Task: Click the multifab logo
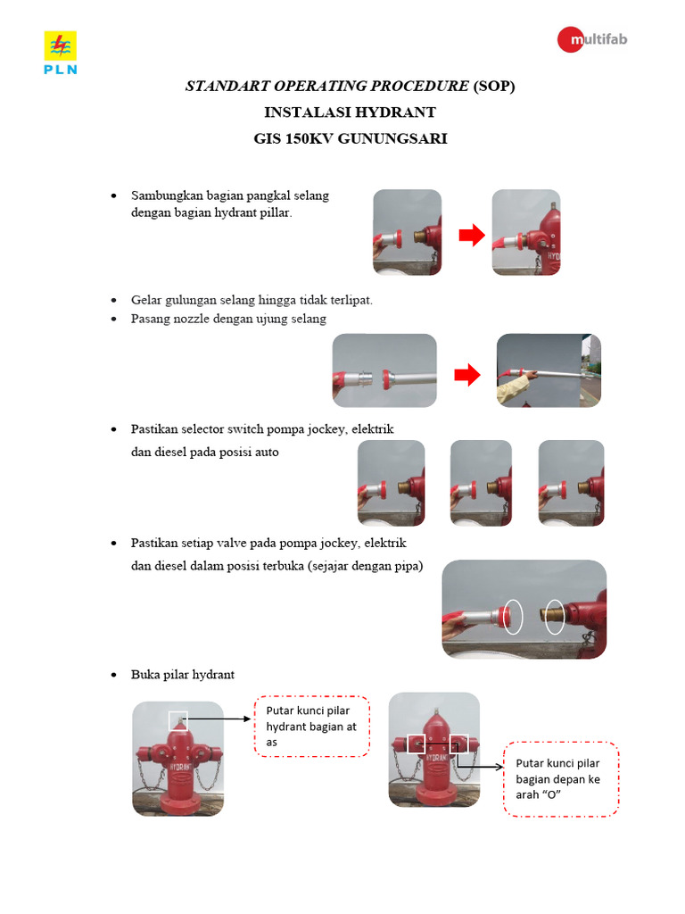(592, 40)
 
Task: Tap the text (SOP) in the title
(494, 87)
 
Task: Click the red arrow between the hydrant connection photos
(471, 236)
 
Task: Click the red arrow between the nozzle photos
(467, 376)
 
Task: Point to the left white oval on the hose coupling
(513, 617)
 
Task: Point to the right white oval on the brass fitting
(555, 617)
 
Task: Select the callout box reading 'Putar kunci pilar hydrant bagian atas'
(311, 727)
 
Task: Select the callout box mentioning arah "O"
(561, 778)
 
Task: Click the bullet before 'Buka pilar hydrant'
(113, 675)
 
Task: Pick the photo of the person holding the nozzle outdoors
(548, 371)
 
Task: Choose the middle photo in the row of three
(481, 483)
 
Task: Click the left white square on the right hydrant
(416, 743)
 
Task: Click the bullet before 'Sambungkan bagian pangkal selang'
(113, 195)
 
